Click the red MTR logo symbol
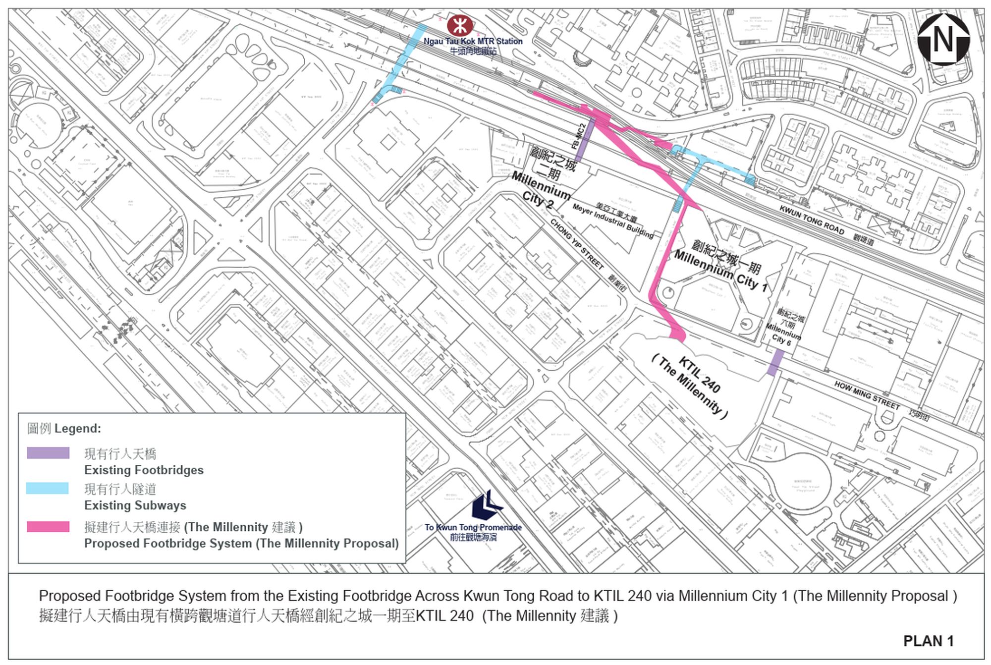pyautogui.click(x=459, y=25)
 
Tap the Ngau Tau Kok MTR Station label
pyautogui.click(x=473, y=42)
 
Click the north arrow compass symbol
pyautogui.click(x=943, y=39)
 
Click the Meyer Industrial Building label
pyautogui.click(x=612, y=221)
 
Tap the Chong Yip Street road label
pyautogui.click(x=577, y=244)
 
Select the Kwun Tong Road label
pyautogui.click(x=812, y=219)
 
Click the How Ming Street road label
pyautogui.click(x=867, y=395)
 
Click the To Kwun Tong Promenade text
pyautogui.click(x=473, y=527)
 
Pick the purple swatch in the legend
pyautogui.click(x=48, y=452)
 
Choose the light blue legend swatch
pyautogui.click(x=48, y=488)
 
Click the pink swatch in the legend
pyautogui.click(x=48, y=526)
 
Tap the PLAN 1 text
pyautogui.click(x=928, y=641)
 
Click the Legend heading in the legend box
pyautogui.click(x=64, y=428)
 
